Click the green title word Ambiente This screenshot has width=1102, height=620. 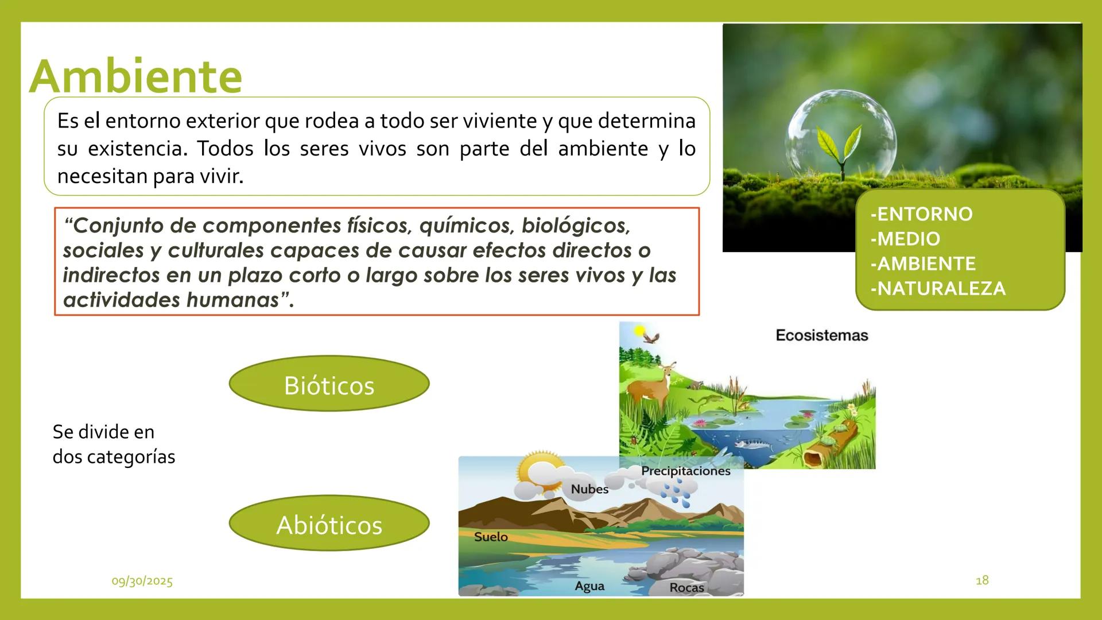(x=136, y=76)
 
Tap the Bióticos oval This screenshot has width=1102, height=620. (x=329, y=384)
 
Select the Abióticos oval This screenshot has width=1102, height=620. (x=329, y=524)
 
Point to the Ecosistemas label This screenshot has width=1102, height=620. (x=821, y=335)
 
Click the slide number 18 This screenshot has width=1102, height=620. (x=982, y=580)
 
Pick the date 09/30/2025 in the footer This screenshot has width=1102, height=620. (x=142, y=581)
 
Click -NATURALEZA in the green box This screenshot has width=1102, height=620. (x=938, y=288)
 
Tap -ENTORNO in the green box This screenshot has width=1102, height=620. (x=921, y=214)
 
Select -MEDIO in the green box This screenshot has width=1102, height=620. (x=905, y=239)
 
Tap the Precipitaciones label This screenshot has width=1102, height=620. (x=685, y=471)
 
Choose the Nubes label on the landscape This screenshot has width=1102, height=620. (x=589, y=489)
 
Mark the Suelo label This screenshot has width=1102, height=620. (x=491, y=537)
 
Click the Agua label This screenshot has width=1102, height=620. (x=589, y=586)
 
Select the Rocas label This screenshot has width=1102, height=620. (x=686, y=588)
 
